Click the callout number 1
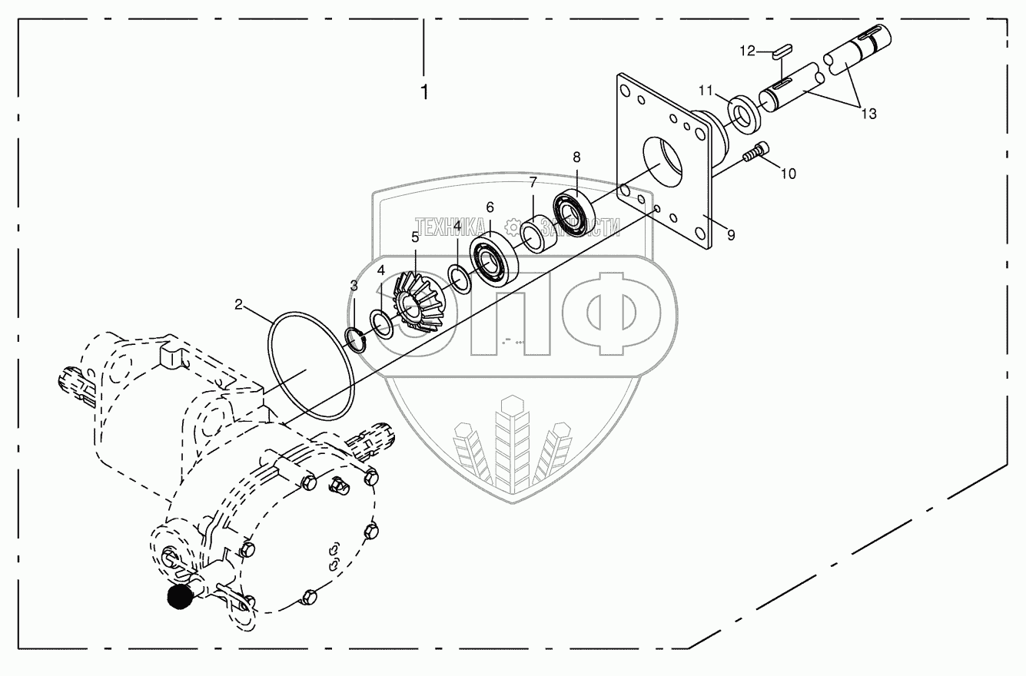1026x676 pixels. (x=424, y=92)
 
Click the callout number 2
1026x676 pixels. (x=239, y=305)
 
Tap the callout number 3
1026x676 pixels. (x=354, y=286)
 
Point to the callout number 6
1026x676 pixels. (x=490, y=207)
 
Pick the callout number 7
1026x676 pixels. (x=532, y=182)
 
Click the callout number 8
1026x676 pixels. (x=576, y=157)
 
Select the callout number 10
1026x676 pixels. (x=789, y=174)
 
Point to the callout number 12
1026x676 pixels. (x=748, y=51)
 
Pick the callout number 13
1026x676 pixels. (x=868, y=114)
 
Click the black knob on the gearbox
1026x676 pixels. (x=180, y=597)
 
